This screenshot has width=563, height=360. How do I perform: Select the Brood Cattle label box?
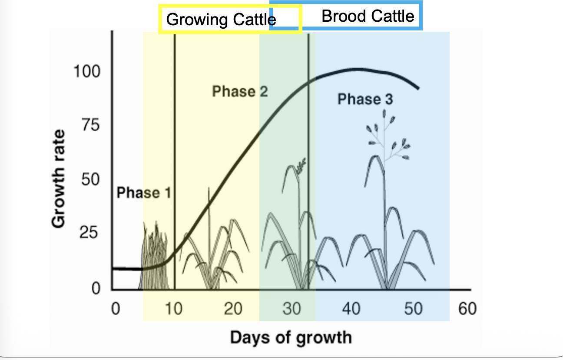click(368, 16)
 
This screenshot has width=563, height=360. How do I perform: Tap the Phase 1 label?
click(144, 192)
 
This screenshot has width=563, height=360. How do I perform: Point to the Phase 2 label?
click(240, 91)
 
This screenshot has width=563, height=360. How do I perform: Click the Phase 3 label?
click(365, 99)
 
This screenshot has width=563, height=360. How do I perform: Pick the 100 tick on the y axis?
click(87, 71)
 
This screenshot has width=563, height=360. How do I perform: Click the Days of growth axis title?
click(291, 337)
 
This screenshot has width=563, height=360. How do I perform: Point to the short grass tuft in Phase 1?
click(154, 257)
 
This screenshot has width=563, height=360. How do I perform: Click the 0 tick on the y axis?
click(96, 288)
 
